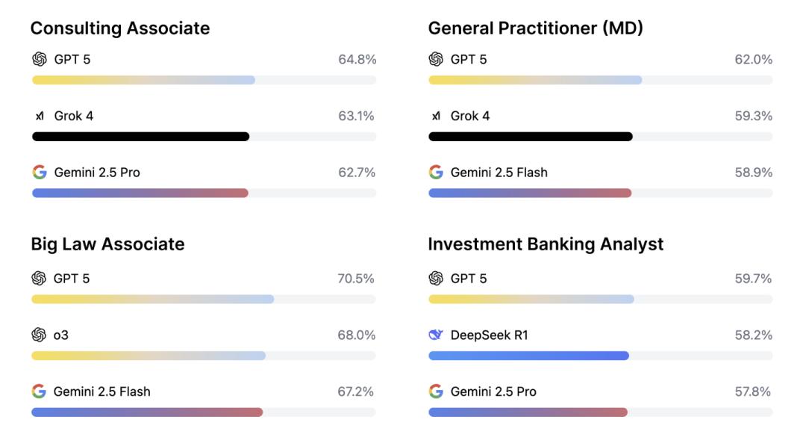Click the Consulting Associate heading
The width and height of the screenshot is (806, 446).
click(120, 28)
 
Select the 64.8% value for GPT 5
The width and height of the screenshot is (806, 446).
click(357, 59)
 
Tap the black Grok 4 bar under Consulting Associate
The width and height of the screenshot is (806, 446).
click(140, 137)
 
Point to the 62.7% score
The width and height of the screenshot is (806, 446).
click(357, 172)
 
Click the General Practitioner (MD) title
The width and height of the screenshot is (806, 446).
click(535, 28)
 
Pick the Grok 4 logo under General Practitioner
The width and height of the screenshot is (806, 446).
click(436, 116)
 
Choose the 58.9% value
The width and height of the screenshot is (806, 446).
click(753, 172)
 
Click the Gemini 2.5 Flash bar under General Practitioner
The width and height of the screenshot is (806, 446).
click(530, 193)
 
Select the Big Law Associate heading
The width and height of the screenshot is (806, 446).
click(107, 244)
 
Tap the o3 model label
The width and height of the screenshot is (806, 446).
click(60, 335)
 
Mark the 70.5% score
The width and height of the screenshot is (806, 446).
click(356, 279)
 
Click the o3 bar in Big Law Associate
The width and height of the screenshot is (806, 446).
click(149, 356)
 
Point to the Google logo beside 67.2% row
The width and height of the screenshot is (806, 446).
click(39, 391)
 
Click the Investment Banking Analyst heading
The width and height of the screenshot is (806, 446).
click(546, 244)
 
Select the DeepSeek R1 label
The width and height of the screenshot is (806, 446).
click(489, 335)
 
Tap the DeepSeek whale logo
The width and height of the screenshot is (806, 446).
click(436, 335)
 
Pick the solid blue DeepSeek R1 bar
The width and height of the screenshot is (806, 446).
click(528, 356)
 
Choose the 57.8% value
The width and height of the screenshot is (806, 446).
click(753, 391)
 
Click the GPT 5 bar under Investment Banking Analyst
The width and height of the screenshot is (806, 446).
click(531, 299)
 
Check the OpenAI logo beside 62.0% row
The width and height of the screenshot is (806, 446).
click(436, 59)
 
